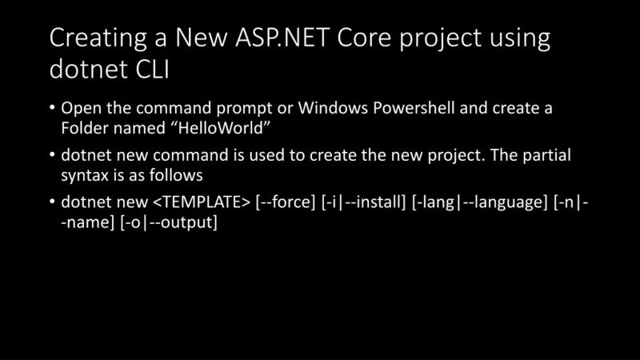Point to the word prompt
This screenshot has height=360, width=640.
[237, 109]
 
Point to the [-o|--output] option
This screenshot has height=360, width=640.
[169, 222]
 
